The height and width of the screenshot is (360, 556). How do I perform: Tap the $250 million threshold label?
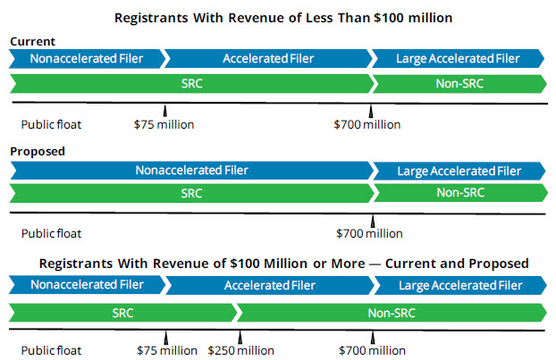coord(241,350)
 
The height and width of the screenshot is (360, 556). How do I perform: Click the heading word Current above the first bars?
coord(34,42)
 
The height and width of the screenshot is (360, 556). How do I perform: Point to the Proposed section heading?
coord(38,151)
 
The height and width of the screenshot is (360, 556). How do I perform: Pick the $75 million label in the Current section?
coord(164,124)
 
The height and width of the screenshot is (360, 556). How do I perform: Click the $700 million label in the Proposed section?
coord(369,234)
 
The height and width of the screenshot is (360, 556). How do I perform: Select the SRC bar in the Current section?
coord(190,83)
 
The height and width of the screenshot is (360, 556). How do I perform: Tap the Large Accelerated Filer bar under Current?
coord(458,59)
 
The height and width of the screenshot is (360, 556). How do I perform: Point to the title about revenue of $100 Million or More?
coord(283,264)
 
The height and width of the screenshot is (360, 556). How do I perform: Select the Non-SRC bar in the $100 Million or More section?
coord(391,313)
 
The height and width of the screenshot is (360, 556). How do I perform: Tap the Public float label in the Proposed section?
coord(51,234)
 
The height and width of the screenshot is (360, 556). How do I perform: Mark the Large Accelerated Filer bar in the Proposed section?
coord(458,171)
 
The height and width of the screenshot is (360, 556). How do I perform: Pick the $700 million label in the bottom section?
coord(371,350)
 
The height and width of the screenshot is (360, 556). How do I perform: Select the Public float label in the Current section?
coord(51,124)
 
